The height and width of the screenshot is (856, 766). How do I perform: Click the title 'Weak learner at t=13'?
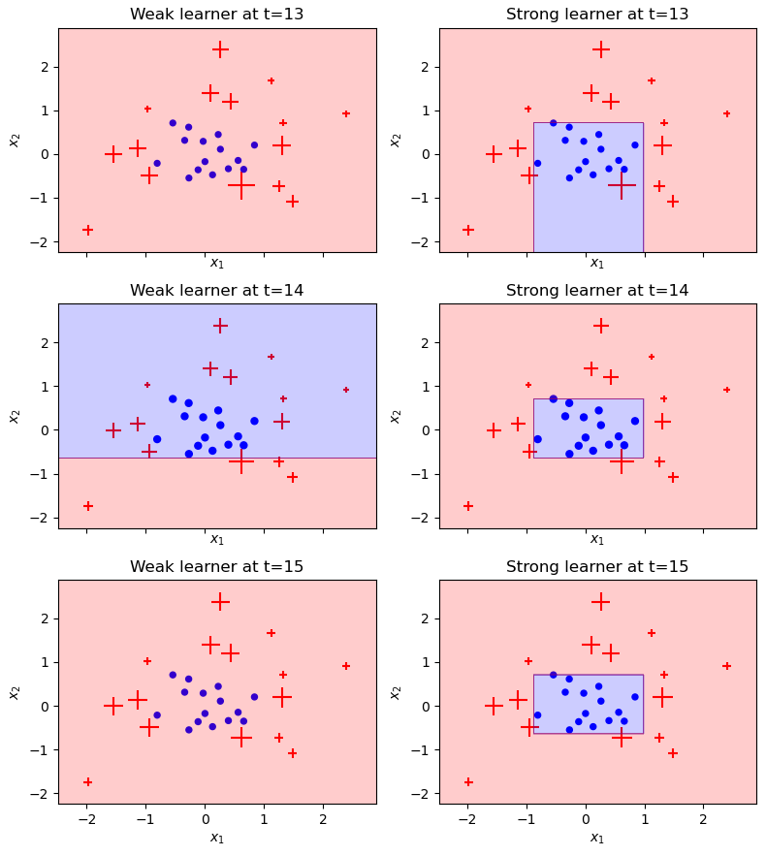click(216, 15)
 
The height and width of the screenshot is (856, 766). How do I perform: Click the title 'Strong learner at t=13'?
click(597, 15)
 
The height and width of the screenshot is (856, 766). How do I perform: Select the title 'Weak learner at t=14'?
click(216, 291)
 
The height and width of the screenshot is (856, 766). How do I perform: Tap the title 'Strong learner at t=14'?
click(597, 291)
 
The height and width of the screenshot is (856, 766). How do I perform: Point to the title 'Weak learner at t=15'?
click(216, 567)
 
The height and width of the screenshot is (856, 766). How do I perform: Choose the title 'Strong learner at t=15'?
click(597, 567)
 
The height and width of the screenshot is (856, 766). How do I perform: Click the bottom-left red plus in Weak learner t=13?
click(87, 230)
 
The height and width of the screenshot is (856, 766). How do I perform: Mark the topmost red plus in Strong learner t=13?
click(601, 49)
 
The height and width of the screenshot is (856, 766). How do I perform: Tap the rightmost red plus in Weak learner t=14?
click(346, 390)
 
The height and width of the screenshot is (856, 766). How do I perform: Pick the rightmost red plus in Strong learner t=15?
click(727, 666)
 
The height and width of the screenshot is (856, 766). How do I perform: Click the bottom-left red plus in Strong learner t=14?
click(468, 506)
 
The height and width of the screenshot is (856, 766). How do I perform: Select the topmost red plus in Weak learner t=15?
click(220, 602)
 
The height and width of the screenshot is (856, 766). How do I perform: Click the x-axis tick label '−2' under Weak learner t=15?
click(85, 820)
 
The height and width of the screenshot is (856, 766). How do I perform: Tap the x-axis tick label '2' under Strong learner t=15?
click(704, 820)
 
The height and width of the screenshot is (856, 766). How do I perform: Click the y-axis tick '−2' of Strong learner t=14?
click(422, 518)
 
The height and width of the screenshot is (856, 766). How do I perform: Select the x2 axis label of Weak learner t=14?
click(15, 416)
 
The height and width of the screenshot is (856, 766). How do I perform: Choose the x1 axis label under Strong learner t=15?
click(597, 839)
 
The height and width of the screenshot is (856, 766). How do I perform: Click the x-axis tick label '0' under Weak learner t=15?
click(205, 820)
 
